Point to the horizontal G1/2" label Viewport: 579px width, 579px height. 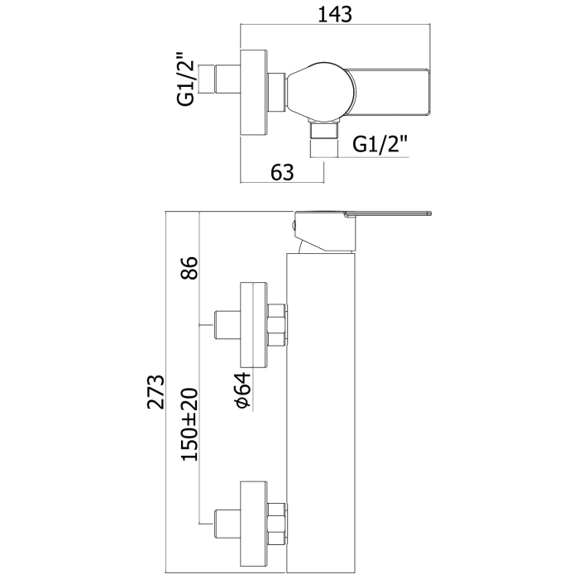380,145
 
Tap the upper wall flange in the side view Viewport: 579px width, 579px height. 253,325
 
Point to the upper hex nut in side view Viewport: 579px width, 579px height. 278,325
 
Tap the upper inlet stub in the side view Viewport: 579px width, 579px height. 225,325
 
